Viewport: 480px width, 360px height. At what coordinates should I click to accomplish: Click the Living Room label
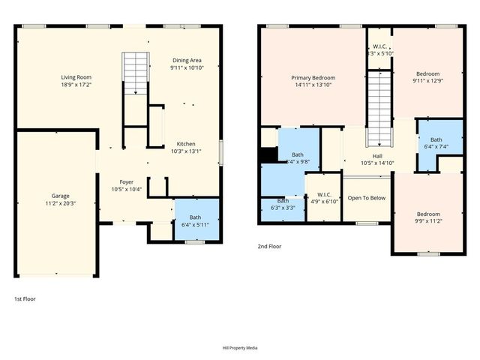pos(76,77)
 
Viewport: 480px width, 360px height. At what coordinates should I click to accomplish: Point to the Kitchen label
pos(186,144)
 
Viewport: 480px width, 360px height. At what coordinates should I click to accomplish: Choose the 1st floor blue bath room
pos(196,220)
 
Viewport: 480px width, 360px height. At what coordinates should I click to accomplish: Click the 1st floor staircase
pos(136,73)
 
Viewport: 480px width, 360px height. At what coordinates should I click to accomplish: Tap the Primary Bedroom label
pos(313,78)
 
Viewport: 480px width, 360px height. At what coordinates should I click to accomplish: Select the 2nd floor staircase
pos(379,109)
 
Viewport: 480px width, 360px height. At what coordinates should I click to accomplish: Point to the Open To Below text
pos(366,198)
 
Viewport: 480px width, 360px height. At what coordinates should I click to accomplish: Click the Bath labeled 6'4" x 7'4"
pos(436,143)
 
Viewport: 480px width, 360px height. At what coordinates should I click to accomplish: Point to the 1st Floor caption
pos(25,298)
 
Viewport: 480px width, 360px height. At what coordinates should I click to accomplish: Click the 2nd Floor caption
pos(269,245)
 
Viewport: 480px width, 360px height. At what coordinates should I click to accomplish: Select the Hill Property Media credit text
pos(240,348)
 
